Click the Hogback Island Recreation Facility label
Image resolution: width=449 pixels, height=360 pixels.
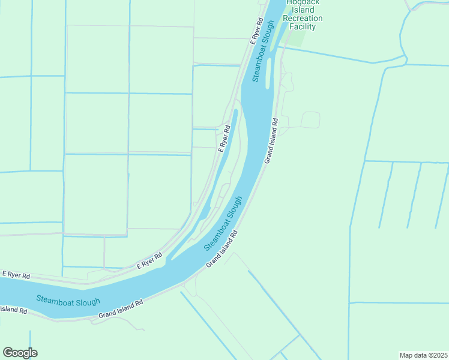click(304, 14)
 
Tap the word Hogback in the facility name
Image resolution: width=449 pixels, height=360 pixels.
click(304, 3)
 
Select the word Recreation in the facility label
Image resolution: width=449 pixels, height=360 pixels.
click(304, 18)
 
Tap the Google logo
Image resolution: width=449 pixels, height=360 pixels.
click(20, 353)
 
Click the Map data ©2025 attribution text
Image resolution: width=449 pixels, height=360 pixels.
click(423, 355)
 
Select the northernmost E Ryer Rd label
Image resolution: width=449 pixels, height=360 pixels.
click(257, 30)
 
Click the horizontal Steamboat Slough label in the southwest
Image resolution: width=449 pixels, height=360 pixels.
click(68, 301)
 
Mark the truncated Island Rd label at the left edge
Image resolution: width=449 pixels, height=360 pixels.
click(13, 310)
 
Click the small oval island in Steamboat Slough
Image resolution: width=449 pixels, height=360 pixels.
click(268, 73)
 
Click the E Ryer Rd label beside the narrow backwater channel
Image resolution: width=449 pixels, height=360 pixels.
click(224, 137)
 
